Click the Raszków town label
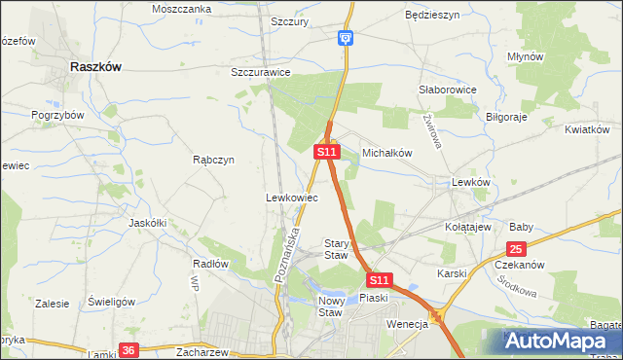(96, 67)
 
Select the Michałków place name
(388, 153)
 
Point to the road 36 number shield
(128, 349)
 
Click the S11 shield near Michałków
(326, 152)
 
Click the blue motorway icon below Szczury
(346, 38)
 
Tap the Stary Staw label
(336, 249)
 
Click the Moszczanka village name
(182, 9)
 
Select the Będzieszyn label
(431, 16)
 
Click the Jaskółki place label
(148, 222)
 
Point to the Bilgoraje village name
(505, 116)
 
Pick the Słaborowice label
(447, 90)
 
